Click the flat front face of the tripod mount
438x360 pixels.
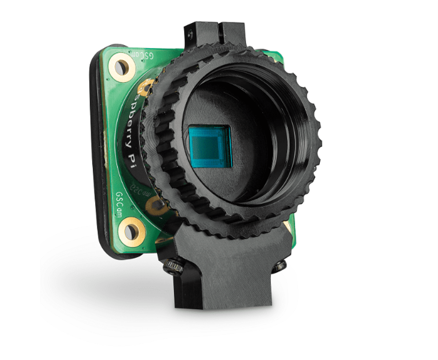coord(227,276)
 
